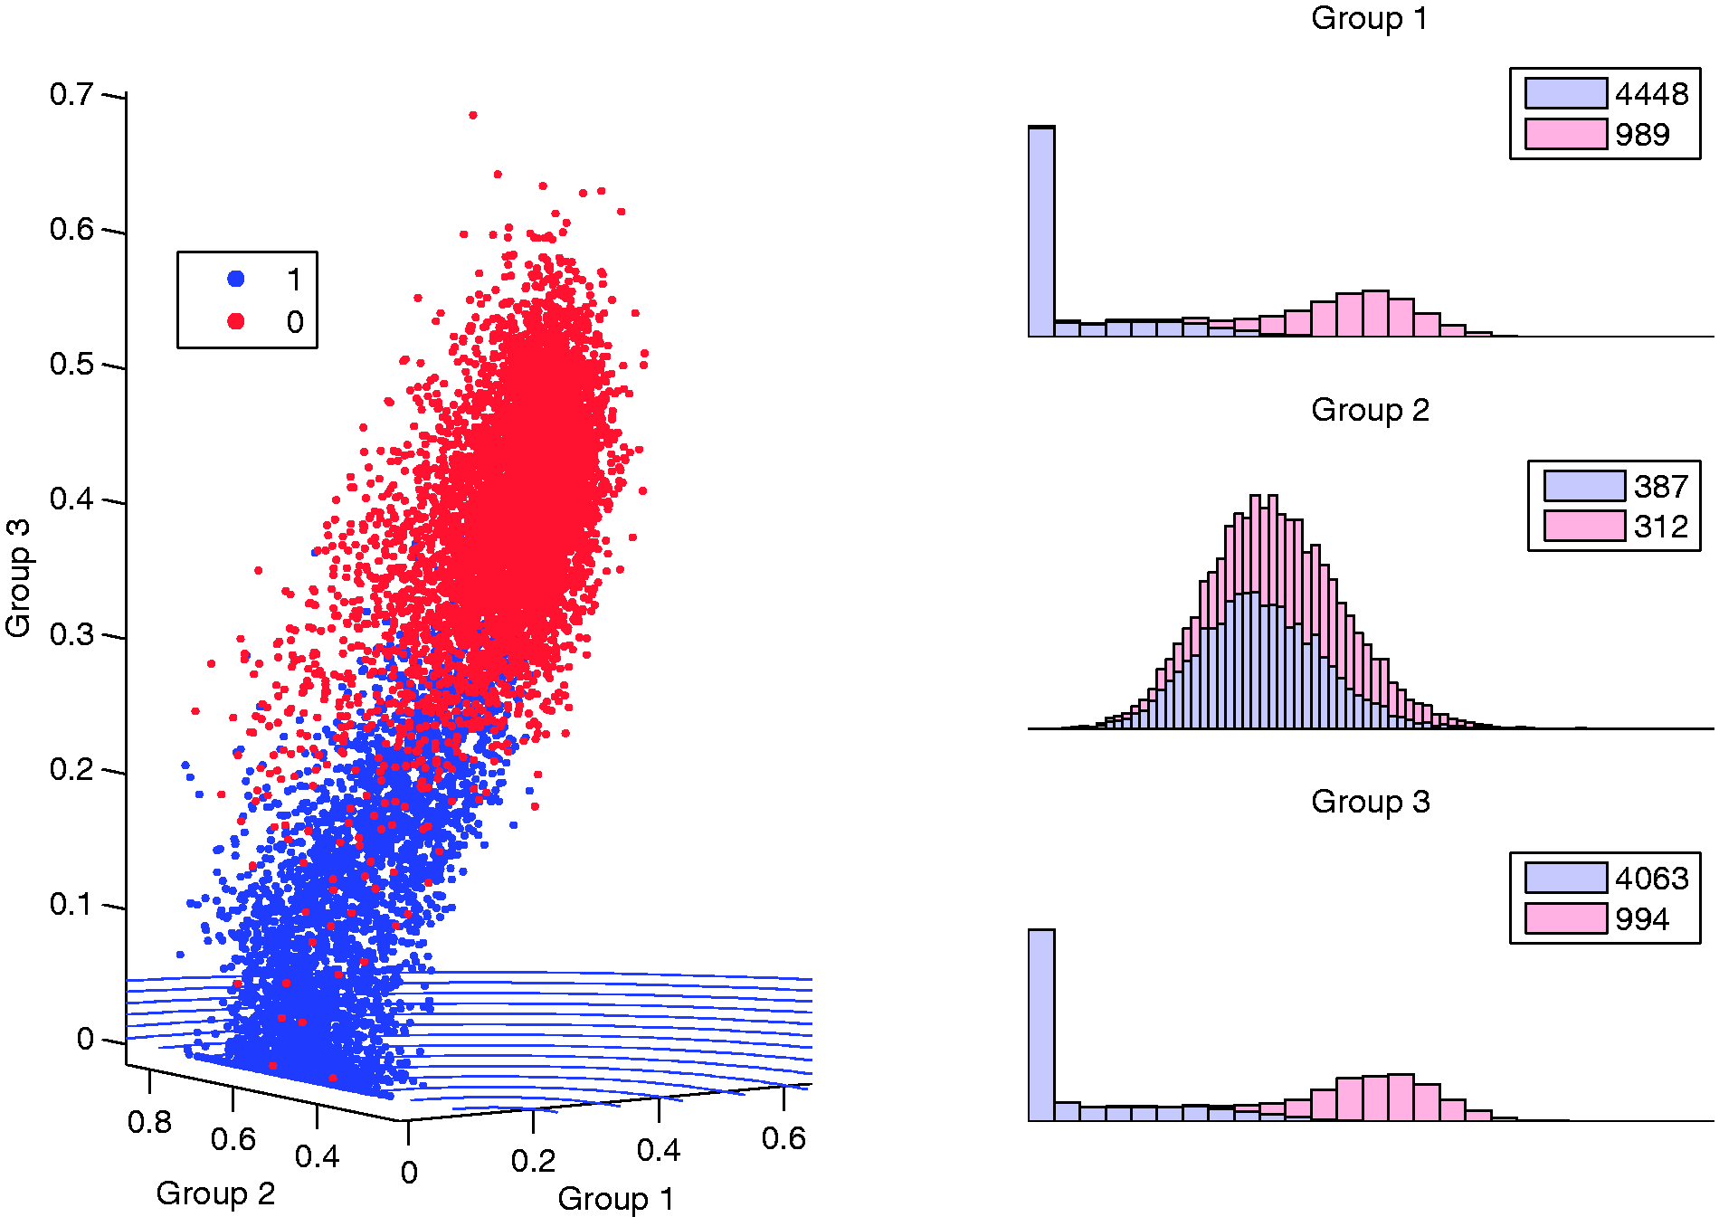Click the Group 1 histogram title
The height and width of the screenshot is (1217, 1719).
(1369, 18)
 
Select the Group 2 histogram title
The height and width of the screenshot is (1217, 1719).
(1370, 410)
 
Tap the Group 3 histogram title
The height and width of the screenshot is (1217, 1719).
(1370, 802)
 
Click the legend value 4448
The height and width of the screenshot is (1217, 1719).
(1651, 94)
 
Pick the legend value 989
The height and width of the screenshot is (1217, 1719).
(1642, 135)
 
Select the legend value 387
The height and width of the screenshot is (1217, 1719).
(1661, 487)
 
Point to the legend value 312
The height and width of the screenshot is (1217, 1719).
(1661, 527)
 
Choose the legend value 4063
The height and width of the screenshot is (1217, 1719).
(1651, 879)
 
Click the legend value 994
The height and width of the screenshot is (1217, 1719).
(1642, 919)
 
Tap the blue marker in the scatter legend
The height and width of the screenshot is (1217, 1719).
(236, 279)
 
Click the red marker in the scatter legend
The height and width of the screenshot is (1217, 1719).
(236, 321)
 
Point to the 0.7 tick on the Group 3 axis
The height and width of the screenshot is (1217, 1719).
(71, 94)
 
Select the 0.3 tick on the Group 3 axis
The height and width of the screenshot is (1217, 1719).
(71, 634)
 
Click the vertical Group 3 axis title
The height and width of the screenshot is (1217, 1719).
(18, 578)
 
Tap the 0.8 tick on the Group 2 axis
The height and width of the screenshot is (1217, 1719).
(149, 1122)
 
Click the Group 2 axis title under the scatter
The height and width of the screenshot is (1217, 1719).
(215, 1193)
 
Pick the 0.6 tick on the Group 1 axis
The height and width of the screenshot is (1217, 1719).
(784, 1138)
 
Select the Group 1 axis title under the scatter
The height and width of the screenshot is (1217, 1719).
(616, 1199)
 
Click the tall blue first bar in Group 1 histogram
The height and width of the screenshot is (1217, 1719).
(1041, 232)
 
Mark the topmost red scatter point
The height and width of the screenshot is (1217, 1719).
(472, 115)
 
